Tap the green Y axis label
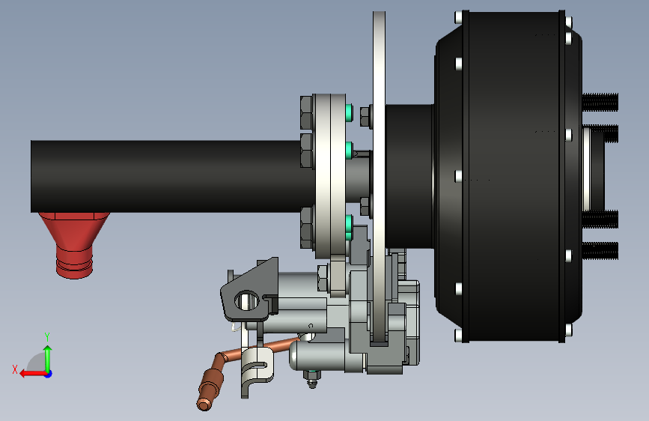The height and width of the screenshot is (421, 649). click(47, 336)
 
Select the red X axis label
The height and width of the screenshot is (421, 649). click(15, 369)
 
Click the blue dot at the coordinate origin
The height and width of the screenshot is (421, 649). click(49, 374)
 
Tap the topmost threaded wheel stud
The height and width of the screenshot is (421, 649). click(600, 102)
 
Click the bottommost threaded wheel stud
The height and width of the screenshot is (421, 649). click(600, 251)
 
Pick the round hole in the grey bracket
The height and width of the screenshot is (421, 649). click(247, 300)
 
